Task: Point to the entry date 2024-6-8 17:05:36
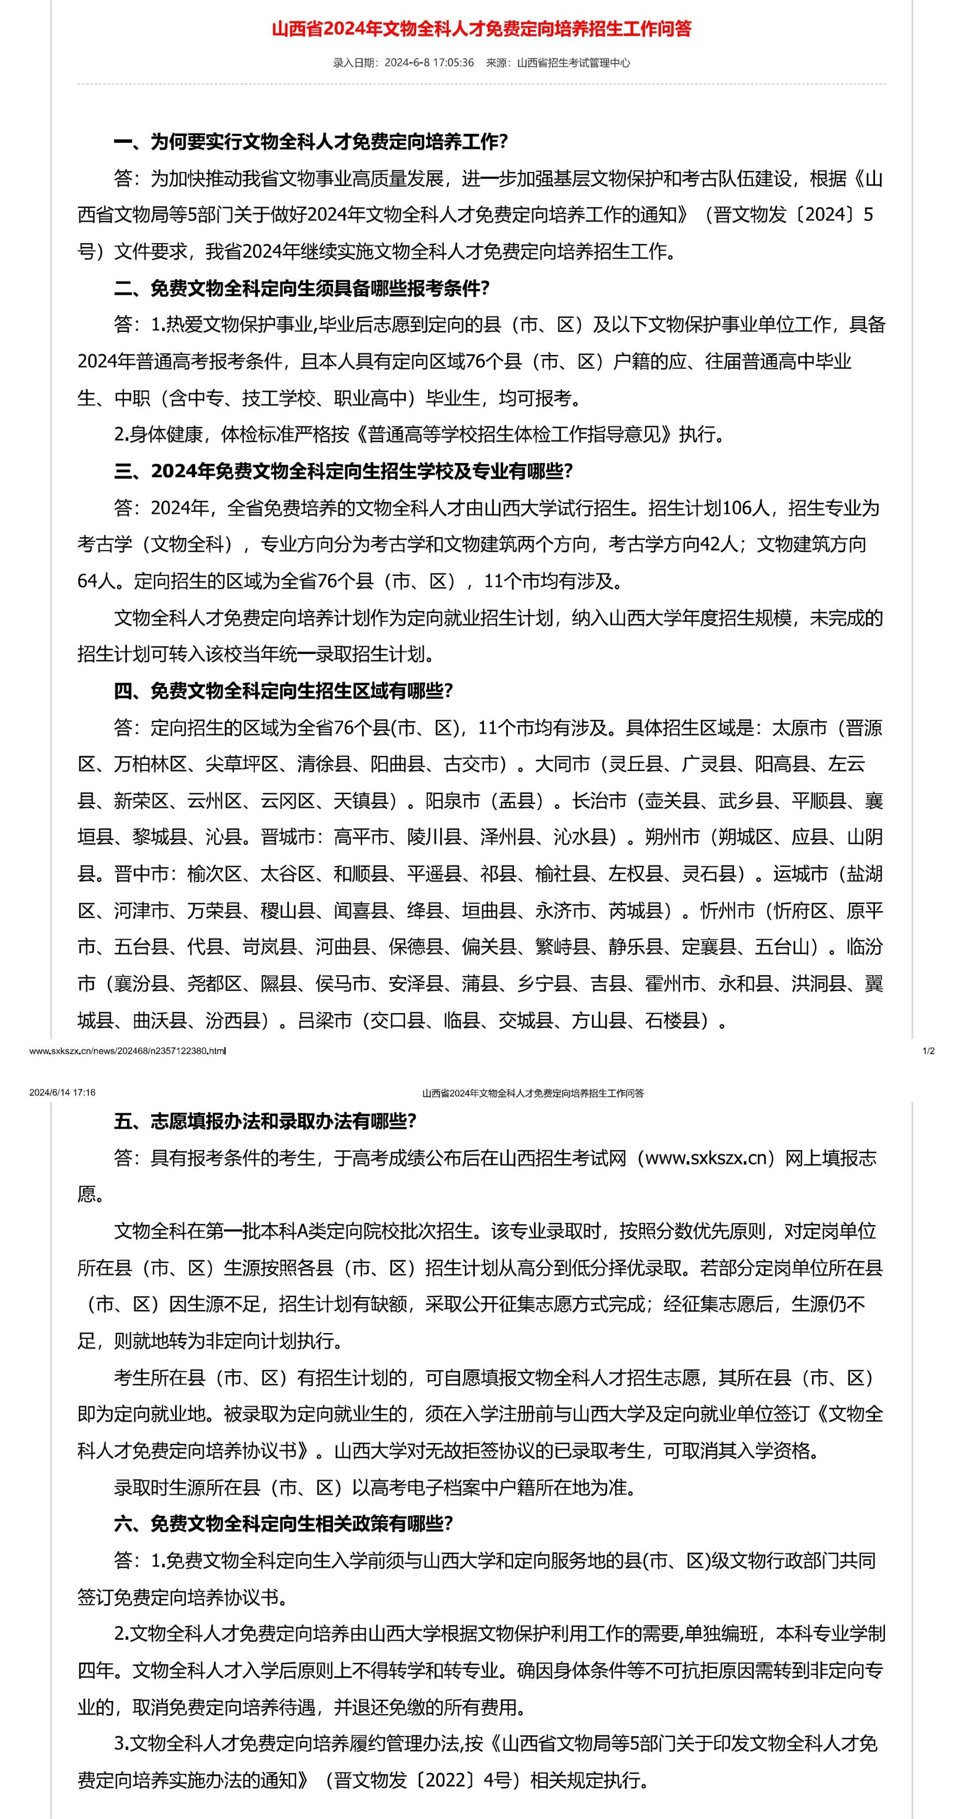[428, 63]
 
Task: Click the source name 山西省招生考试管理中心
[573, 63]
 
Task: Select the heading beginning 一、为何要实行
[311, 142]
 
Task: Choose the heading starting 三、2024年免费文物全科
[343, 471]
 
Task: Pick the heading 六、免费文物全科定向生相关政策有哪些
[283, 1524]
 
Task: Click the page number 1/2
[928, 1051]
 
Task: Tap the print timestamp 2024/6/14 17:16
[62, 1093]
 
